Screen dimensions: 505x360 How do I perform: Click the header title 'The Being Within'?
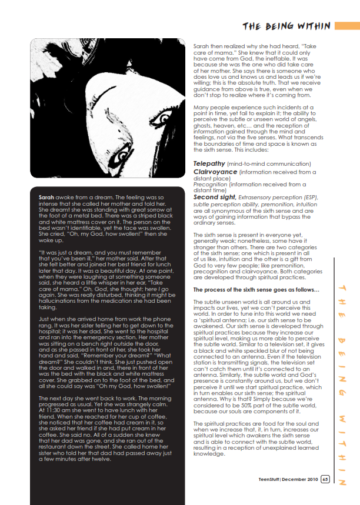coord(286,26)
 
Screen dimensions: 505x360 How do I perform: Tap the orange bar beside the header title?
coord(346,26)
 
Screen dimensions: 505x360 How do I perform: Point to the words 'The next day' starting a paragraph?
coord(55,399)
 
